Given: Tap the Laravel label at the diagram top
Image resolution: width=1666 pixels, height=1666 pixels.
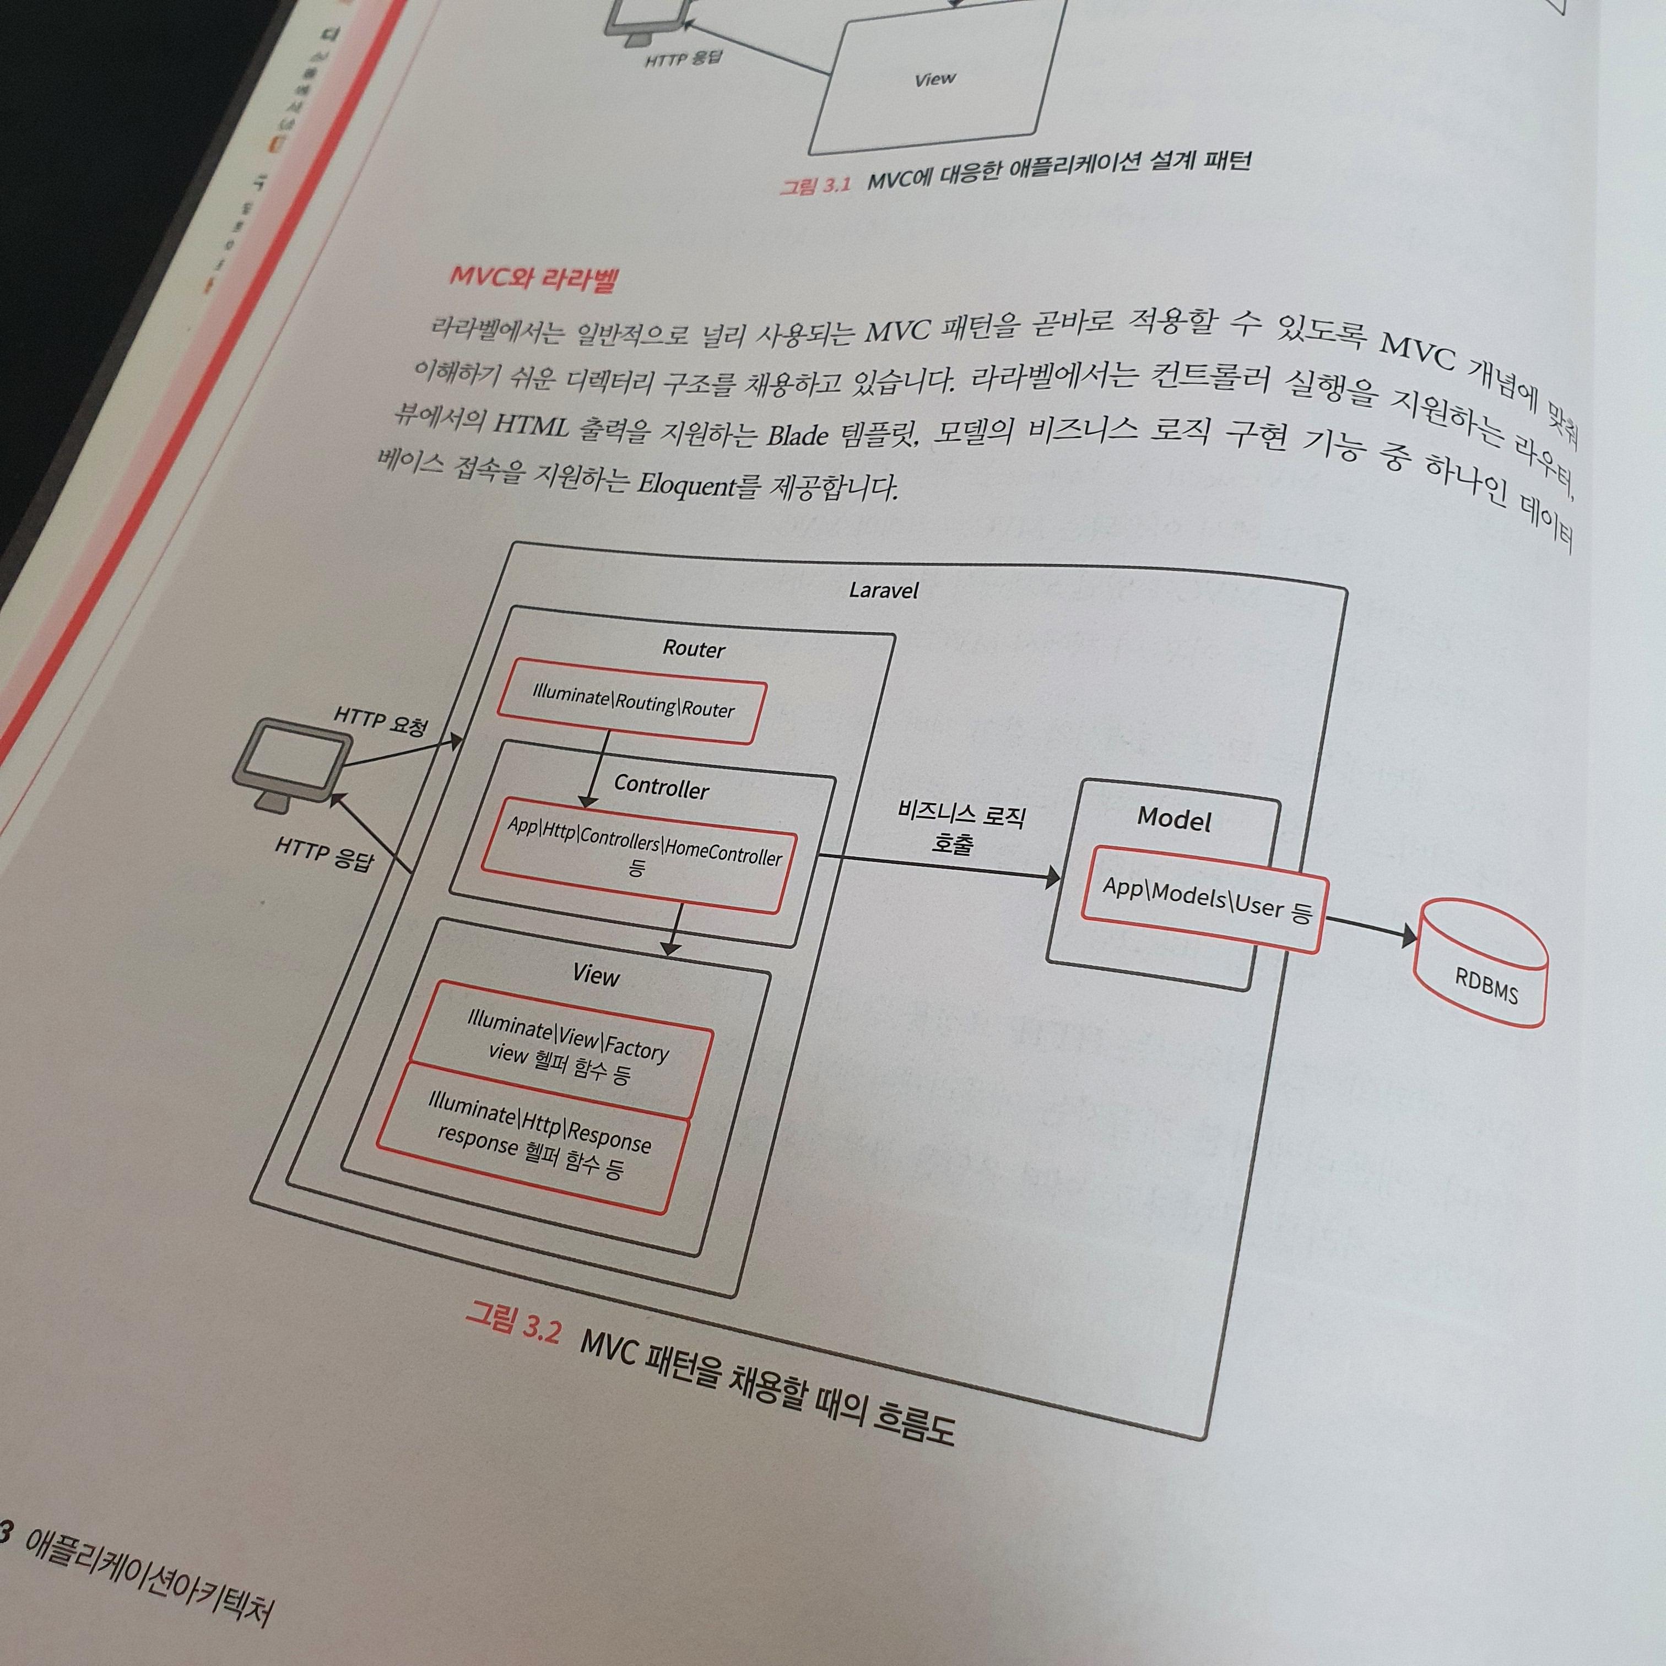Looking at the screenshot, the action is [x=883, y=591].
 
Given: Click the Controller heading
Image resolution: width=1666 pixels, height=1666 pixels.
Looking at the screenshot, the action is [x=662, y=786].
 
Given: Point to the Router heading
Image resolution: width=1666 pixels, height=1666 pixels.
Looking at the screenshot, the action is [x=693, y=648].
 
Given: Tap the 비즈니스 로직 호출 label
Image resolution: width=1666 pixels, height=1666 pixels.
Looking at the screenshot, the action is [x=959, y=828].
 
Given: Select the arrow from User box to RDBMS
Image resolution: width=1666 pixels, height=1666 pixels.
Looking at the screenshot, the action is [x=1371, y=928].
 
